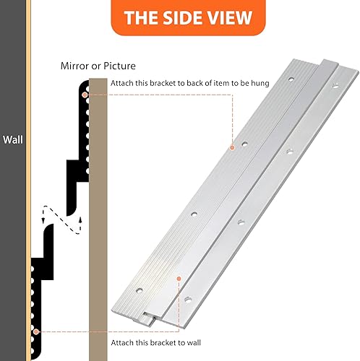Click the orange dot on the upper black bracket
pyautogui.click(x=85, y=94)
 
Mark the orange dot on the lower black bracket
pyautogui.click(x=35, y=331)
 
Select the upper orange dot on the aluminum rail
pyautogui.click(x=232, y=147)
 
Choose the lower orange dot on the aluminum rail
pyautogui.click(x=176, y=277)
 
